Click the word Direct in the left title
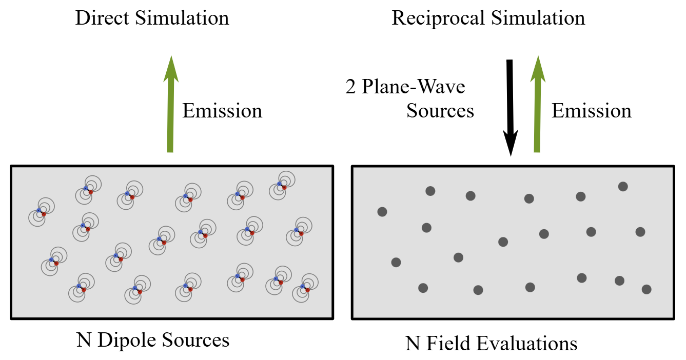pos(102,18)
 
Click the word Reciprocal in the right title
pos(439,18)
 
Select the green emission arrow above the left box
pos(170,104)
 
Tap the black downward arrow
pos(510,108)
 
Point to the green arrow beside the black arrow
pos(538,104)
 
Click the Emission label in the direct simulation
pos(222,110)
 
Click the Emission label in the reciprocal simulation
pos(592,110)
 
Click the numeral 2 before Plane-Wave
pos(350,87)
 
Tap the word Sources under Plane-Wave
pos(440,110)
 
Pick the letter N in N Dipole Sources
pos(84,340)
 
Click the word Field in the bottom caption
pos(448,343)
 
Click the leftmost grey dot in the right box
pos(382,211)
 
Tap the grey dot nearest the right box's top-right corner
pos(623,187)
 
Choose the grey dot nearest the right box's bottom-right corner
pos(646,289)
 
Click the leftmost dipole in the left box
pos(42,212)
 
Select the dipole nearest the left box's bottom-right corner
pos(305,288)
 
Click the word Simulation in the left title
pos(182,18)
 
